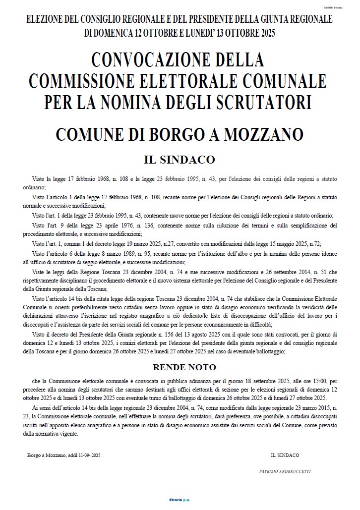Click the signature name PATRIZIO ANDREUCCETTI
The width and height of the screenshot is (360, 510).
285,471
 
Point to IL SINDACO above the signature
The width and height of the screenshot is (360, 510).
285,454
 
